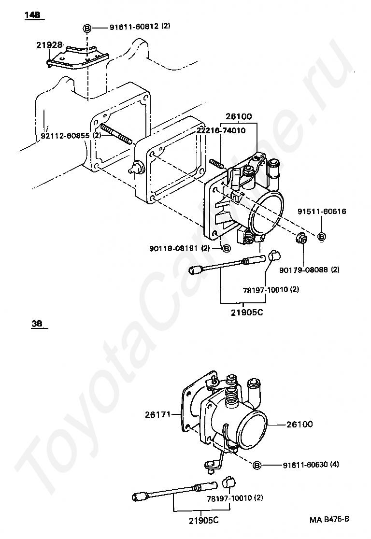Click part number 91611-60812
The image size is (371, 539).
134,27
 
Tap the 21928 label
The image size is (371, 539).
49,45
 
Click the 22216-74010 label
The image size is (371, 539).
221,130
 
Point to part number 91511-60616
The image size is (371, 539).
322,212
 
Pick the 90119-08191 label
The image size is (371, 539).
173,248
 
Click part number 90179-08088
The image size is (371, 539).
303,270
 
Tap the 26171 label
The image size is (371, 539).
158,414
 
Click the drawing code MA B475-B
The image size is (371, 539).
329,519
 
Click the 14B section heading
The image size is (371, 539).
32,15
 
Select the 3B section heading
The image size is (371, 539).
37,324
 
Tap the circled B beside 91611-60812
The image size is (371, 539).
87,28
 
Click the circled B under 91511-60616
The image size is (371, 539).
321,237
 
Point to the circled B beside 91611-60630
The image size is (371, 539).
257,466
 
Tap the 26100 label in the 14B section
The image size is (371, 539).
239,116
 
